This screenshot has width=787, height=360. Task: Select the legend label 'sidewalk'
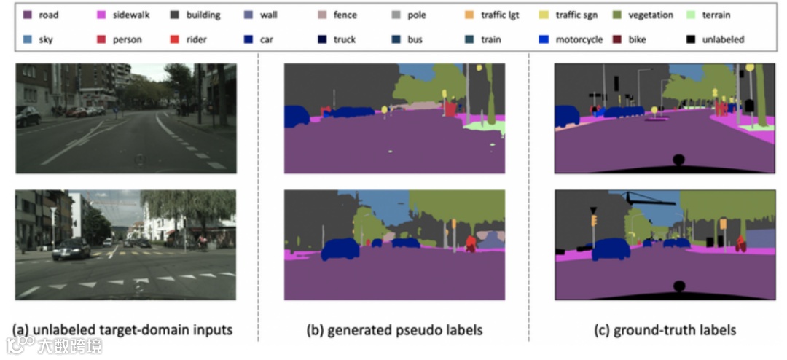[x=131, y=15]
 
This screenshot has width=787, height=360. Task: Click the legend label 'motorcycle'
[x=579, y=39]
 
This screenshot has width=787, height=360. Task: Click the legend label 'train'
[x=490, y=39]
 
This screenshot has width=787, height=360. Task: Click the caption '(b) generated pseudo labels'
[x=394, y=330]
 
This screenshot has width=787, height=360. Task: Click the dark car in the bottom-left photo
[x=71, y=249]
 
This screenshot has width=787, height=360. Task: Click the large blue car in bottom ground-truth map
[x=611, y=249]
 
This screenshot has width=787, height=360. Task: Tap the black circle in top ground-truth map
[x=678, y=160]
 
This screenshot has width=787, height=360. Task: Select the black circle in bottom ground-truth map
[x=678, y=286]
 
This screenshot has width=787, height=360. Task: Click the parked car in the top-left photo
[x=27, y=115]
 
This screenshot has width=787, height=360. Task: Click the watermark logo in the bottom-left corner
[x=17, y=344]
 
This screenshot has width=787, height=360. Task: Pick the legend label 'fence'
[x=345, y=15]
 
